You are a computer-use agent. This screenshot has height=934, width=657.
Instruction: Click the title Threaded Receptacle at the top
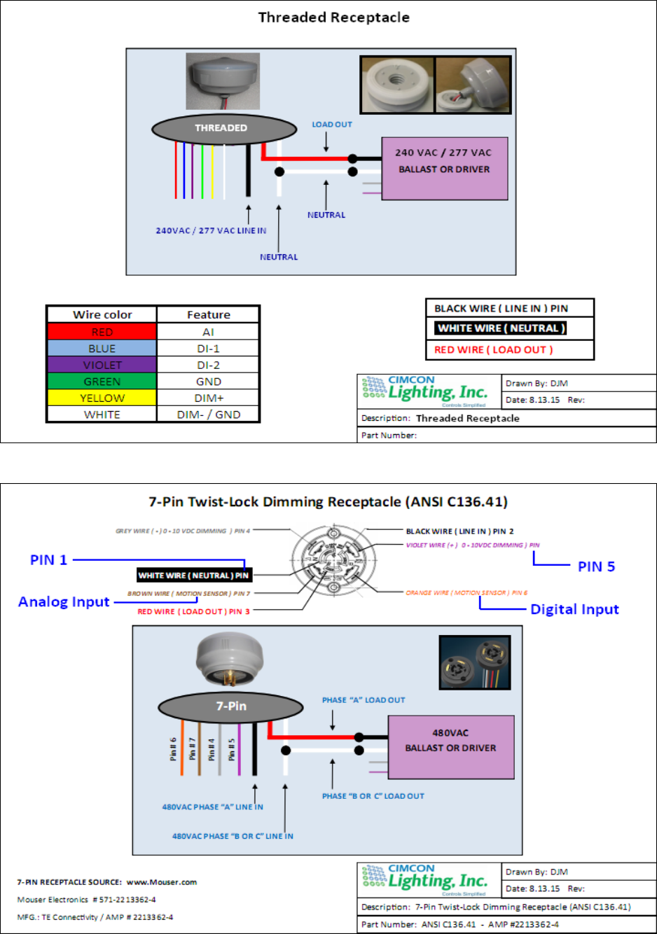tap(333, 18)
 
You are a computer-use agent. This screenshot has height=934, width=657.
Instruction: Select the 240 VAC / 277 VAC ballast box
tap(444, 168)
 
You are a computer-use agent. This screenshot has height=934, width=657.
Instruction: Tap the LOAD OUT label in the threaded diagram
tap(332, 125)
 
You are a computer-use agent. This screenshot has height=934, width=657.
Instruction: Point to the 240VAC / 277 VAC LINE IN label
tap(211, 230)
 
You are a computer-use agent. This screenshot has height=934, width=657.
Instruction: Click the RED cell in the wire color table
tap(102, 332)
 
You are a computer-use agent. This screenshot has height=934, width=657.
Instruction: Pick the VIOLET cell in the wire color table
tap(102, 365)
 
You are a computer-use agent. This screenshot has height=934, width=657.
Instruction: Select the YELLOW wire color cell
tap(102, 398)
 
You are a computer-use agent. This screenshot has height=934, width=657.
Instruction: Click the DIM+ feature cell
tap(209, 398)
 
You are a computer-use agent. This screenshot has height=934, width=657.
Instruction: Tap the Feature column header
tap(209, 315)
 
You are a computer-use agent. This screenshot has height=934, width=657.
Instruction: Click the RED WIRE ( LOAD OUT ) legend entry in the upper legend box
tap(493, 350)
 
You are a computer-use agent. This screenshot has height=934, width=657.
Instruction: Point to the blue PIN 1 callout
tap(48, 560)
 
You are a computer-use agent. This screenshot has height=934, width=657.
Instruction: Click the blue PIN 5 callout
tap(596, 566)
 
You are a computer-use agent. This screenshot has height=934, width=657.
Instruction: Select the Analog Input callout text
tap(64, 602)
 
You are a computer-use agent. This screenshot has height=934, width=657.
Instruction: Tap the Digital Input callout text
tap(574, 609)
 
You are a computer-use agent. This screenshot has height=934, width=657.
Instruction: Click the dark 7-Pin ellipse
tap(231, 706)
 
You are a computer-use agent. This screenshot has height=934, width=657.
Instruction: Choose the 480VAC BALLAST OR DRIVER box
tap(450, 746)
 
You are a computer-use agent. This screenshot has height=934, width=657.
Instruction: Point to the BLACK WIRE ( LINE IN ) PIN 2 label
tap(459, 531)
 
